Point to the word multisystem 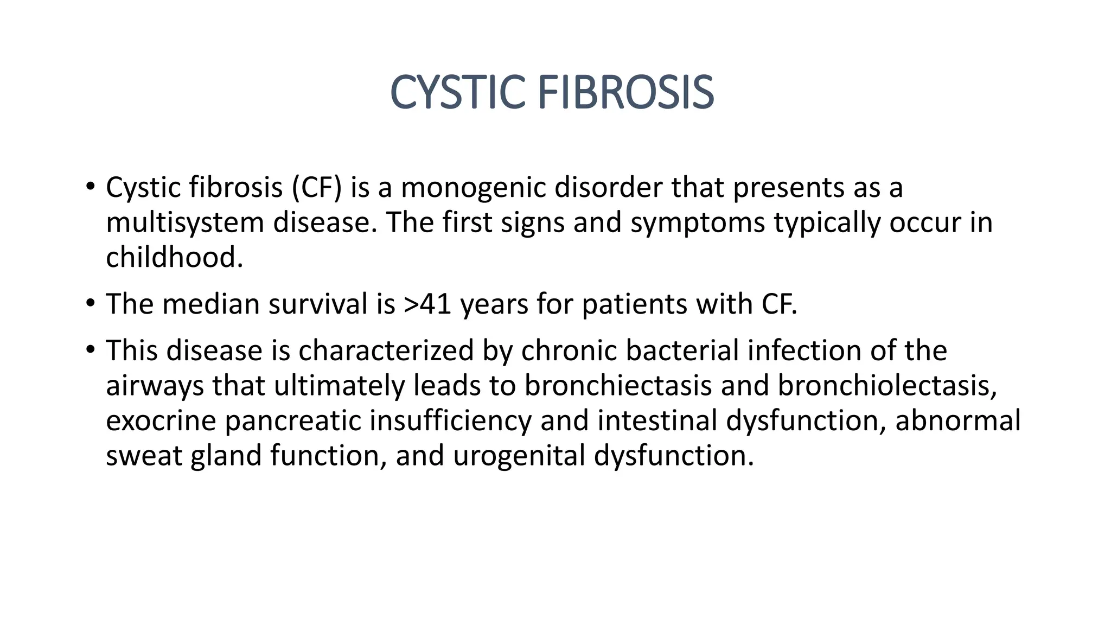184,222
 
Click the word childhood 174,257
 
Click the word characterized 386,350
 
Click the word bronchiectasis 618,385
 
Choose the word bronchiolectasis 886,385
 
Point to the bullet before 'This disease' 90,349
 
